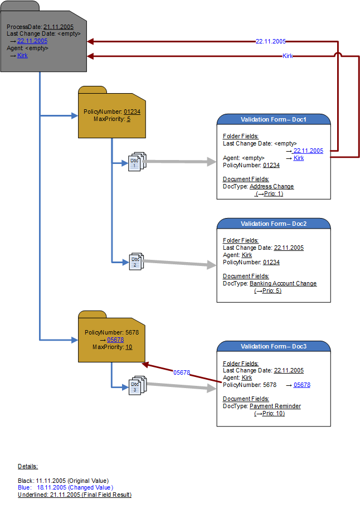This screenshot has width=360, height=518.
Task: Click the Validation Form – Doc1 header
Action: [273, 119]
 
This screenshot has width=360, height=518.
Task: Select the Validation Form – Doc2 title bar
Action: [273, 224]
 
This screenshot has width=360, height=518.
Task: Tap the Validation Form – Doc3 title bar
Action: [273, 347]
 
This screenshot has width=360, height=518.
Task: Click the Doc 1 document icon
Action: [137, 162]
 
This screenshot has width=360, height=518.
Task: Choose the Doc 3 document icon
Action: [137, 386]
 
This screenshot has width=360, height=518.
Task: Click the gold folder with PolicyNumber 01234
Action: [112, 114]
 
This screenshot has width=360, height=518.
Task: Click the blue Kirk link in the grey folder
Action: [22, 55]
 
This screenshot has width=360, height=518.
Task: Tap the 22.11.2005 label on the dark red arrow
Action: [270, 41]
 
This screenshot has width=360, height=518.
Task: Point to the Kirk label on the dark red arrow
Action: [288, 56]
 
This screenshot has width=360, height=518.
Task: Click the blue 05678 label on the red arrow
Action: [182, 372]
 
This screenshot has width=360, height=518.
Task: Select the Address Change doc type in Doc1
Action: [271, 186]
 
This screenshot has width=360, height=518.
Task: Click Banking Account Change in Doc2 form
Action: [283, 283]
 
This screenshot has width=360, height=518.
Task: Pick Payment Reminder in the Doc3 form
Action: [275, 406]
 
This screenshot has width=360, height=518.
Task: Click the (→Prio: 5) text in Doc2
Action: [267, 291]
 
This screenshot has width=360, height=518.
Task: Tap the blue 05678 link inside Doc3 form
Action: [301, 385]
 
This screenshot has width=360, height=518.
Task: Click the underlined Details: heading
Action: [28, 466]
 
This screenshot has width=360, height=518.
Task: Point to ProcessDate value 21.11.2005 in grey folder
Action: [58, 26]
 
